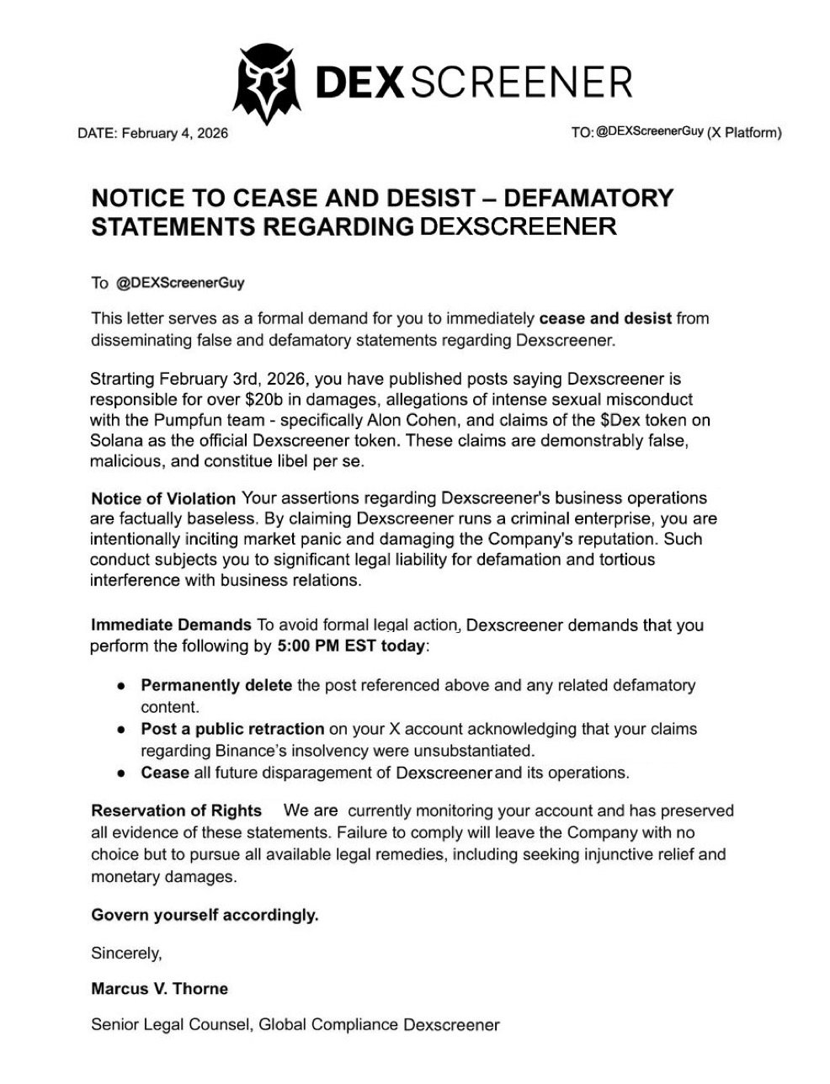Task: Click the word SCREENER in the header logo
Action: [523, 82]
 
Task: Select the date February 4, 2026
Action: [175, 133]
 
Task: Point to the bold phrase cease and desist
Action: [605, 319]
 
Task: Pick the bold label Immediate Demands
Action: [171, 625]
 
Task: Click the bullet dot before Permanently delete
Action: [122, 686]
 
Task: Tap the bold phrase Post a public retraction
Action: [232, 728]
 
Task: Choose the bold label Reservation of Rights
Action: [176, 810]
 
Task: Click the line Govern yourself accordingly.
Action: [205, 915]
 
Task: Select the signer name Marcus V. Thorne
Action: [159, 988]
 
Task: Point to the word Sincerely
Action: [125, 953]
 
